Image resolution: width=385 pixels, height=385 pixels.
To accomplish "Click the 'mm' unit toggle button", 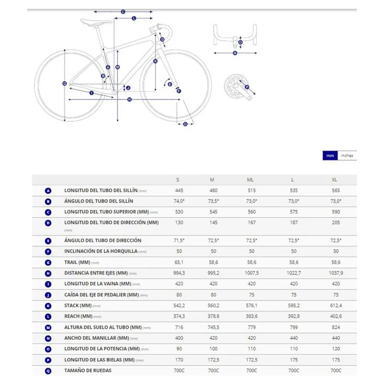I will coord(330,155).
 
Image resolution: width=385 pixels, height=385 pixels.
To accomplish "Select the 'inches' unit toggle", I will coord(347,155).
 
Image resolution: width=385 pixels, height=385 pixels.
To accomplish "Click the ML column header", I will coord(250,180).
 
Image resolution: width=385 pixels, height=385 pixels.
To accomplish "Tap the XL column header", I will coord(334,180).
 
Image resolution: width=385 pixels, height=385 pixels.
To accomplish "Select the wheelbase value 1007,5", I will coord(251,273).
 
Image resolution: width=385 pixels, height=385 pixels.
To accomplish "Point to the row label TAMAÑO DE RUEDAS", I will coord(88,371).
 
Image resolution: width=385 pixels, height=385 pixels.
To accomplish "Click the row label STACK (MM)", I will coord(78,306).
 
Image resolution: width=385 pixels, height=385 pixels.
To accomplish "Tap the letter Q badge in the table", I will coord(48,371).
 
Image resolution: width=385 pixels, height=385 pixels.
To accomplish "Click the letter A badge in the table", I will coord(48,191).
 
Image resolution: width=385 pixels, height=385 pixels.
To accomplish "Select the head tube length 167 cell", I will coord(250,223).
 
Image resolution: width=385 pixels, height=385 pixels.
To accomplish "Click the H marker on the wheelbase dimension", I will coord(129,100).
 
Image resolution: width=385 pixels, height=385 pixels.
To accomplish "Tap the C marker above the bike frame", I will coord(123,12).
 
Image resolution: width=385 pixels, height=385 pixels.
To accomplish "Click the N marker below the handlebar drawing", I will coord(235,53).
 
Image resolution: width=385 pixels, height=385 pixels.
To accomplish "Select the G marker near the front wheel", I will coord(185,124).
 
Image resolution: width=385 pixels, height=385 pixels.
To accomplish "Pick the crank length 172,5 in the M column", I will coord(212,359).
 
